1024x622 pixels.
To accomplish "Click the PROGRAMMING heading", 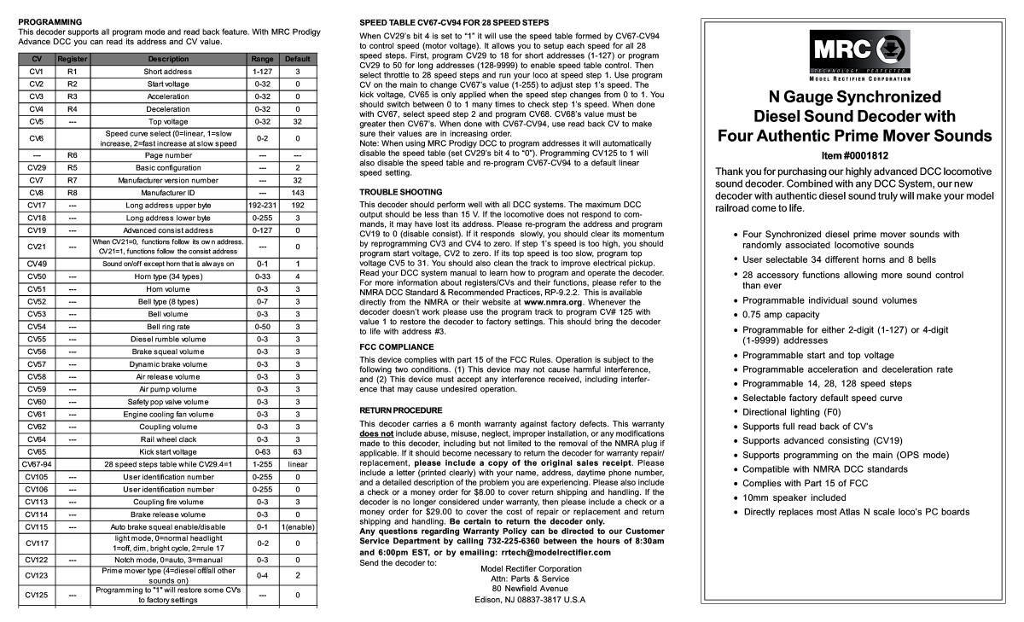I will coord(50,21).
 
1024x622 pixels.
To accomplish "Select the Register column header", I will coord(73,59).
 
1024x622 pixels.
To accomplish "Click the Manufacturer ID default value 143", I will coord(297,193).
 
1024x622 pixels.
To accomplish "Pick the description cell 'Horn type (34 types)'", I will coord(167,276).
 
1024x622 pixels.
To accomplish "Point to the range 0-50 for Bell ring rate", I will coord(262,326).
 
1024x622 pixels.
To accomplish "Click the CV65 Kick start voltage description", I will coord(167,451).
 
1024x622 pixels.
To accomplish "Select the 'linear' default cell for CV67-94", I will coord(297,463).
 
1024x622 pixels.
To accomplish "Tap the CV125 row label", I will coord(36,594).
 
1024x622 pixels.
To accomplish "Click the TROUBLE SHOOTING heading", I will coord(400,192).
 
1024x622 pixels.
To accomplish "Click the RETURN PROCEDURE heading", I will coord(400,410).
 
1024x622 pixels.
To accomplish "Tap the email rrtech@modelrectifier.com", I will coord(547,553).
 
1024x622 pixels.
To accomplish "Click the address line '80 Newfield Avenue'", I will coord(530,588).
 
